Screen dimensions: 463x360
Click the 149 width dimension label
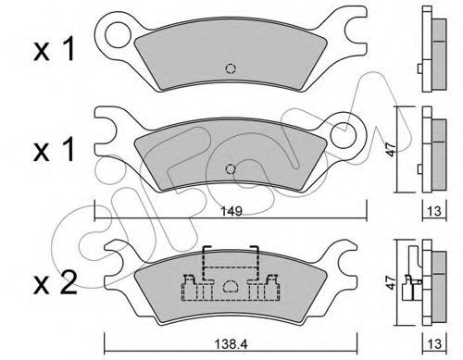(231, 211)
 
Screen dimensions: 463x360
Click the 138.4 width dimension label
(231, 344)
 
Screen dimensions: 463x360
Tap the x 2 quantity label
(55, 283)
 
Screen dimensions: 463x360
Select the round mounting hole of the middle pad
(344, 135)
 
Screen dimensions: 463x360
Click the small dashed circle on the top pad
(231, 68)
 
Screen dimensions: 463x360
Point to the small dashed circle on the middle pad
(231, 169)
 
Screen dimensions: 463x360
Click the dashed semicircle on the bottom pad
(231, 286)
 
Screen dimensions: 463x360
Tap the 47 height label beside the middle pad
(391, 149)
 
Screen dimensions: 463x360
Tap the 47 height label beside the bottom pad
(391, 282)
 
